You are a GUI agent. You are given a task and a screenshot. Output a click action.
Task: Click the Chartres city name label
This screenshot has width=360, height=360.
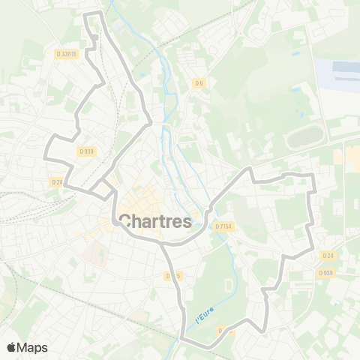[154, 221]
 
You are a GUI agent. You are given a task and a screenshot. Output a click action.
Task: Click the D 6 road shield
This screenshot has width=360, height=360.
[199, 82]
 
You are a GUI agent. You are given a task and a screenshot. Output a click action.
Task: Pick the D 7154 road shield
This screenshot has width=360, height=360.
[223, 226]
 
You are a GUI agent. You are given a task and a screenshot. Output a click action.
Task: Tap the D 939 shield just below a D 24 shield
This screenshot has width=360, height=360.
[325, 272]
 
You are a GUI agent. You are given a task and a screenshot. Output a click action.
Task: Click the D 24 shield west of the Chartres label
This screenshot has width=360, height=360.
[57, 181]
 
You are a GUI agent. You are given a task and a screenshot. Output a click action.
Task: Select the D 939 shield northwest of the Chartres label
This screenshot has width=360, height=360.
[86, 151]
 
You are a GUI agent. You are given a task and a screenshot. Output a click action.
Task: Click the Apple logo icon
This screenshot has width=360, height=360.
[12, 347]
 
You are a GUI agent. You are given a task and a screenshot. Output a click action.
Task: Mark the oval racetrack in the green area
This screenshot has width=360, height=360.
[304, 137]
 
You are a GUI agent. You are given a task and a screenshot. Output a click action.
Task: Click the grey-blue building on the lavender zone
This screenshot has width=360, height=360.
[346, 68]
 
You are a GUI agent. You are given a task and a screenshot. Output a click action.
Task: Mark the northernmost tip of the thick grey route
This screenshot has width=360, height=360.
[91, 14]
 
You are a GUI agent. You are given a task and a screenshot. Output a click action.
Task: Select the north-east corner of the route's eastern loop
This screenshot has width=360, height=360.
[310, 175]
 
